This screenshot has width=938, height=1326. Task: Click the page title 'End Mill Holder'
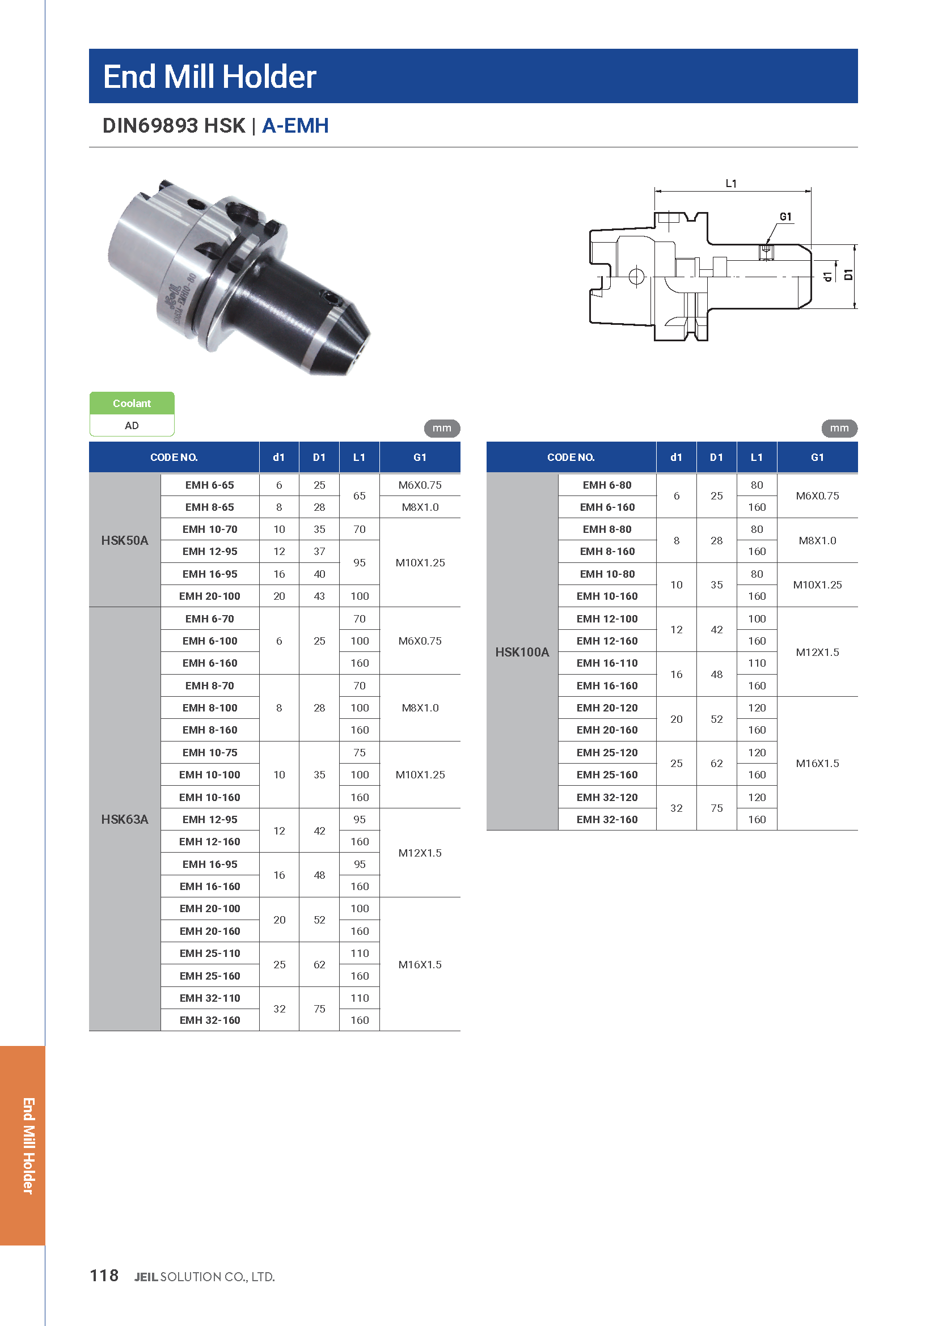click(210, 77)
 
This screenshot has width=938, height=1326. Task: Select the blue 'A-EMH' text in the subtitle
click(295, 125)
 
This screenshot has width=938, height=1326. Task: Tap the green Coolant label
click(132, 403)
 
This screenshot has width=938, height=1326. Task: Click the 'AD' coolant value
click(132, 426)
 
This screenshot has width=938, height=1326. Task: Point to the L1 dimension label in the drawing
click(731, 184)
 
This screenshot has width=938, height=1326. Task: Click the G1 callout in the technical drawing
click(785, 217)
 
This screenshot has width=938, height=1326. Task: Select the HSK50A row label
click(125, 541)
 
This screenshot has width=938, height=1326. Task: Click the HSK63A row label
click(125, 819)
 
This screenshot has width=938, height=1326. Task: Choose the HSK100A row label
click(522, 652)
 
